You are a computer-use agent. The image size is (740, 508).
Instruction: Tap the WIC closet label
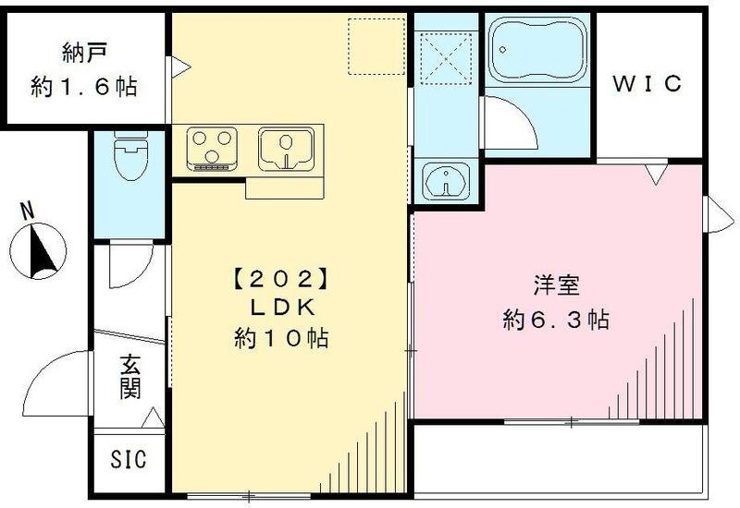tap(648, 83)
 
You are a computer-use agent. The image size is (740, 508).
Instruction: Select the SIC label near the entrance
tap(129, 459)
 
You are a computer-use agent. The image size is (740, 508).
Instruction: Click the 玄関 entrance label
tap(130, 378)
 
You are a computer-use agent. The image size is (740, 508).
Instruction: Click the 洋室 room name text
tap(555, 285)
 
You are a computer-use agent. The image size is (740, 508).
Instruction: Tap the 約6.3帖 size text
tap(555, 321)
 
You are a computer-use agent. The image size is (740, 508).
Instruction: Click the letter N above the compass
tap(28, 210)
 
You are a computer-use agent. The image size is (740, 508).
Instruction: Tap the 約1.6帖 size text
tap(83, 87)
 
